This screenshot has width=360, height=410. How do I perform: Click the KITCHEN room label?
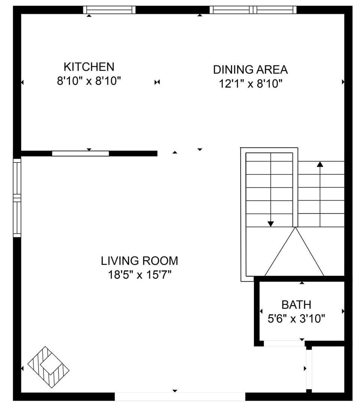[89, 67]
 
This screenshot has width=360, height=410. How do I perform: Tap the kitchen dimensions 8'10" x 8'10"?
[89, 81]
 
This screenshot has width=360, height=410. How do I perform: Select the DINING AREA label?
[250, 69]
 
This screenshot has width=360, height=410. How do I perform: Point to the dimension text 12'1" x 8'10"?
[250, 84]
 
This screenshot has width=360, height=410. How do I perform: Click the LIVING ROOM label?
[139, 260]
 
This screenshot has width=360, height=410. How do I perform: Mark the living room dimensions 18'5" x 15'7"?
[139, 275]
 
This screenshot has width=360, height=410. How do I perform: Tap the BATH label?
[296, 304]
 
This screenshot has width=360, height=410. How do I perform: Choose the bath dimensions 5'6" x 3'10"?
[296, 319]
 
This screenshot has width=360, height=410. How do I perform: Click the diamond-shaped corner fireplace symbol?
[48, 367]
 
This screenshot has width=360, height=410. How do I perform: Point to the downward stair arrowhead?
[271, 224]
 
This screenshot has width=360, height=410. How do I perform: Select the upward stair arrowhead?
[320, 164]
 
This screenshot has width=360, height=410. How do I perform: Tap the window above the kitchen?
[109, 10]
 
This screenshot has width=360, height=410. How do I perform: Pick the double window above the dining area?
[253, 10]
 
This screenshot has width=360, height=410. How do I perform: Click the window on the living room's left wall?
[17, 198]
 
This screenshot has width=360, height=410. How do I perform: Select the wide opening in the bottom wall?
[180, 396]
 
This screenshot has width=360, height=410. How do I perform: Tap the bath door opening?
[284, 343]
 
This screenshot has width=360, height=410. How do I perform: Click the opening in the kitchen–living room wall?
[80, 153]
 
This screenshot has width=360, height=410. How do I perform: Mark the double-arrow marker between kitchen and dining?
[157, 82]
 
